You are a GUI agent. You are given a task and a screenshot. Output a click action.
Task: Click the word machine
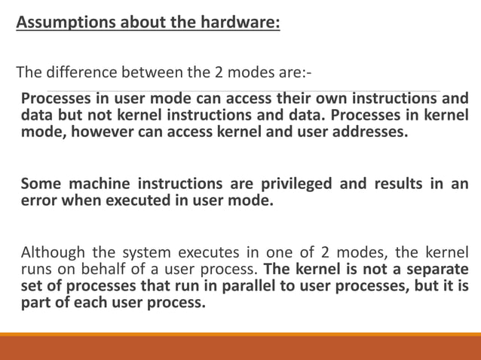[102, 185]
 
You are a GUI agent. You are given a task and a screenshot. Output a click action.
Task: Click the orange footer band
[240, 347]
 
